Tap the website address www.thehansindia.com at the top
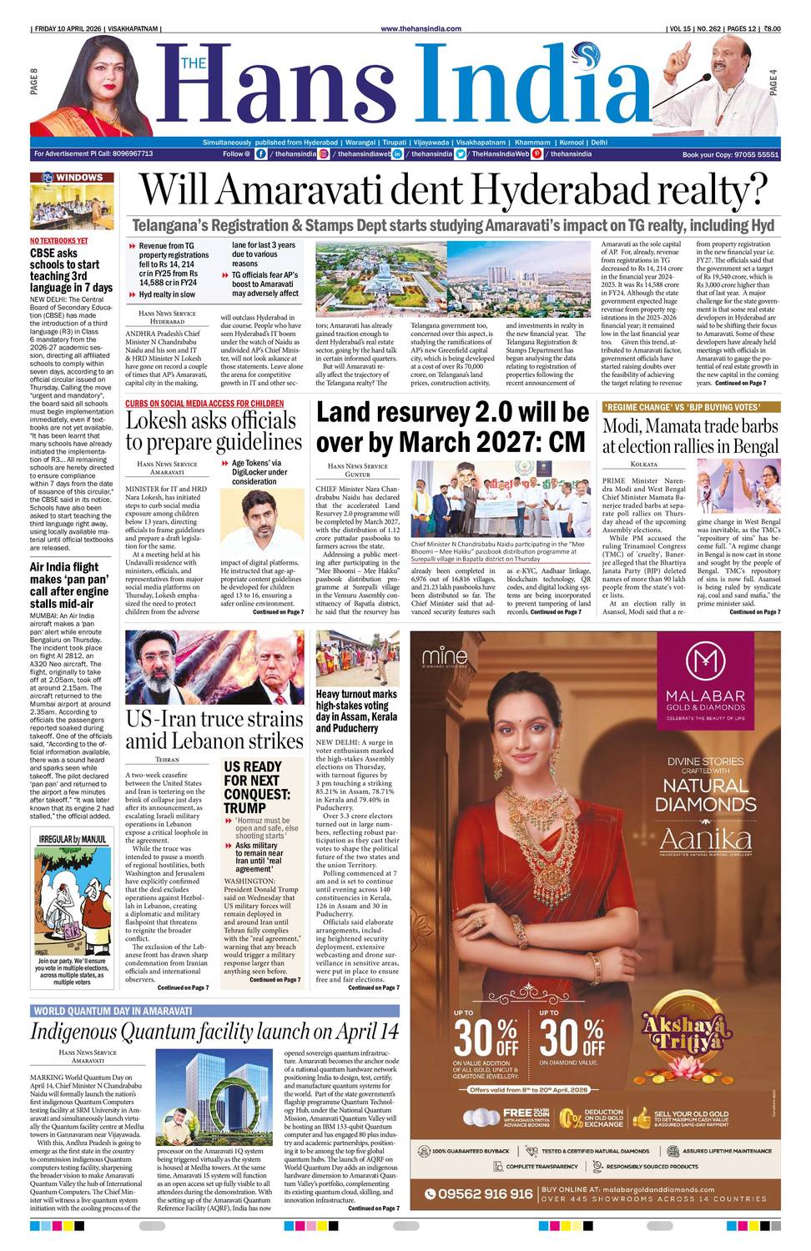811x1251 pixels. tap(421, 28)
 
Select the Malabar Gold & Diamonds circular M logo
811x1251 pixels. tap(705, 660)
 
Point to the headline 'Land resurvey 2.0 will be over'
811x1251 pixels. tap(452, 426)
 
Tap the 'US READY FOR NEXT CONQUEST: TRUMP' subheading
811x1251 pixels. tap(256, 786)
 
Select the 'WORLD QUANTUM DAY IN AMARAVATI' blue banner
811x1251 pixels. tap(113, 1011)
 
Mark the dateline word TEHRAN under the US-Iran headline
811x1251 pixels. tap(168, 760)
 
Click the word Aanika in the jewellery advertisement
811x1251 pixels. tap(705, 838)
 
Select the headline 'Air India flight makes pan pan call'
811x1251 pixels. tap(69, 585)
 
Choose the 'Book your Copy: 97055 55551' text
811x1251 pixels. tap(730, 155)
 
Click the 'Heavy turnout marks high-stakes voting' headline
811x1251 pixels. tap(356, 711)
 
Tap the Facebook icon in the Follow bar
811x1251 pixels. tap(261, 154)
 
